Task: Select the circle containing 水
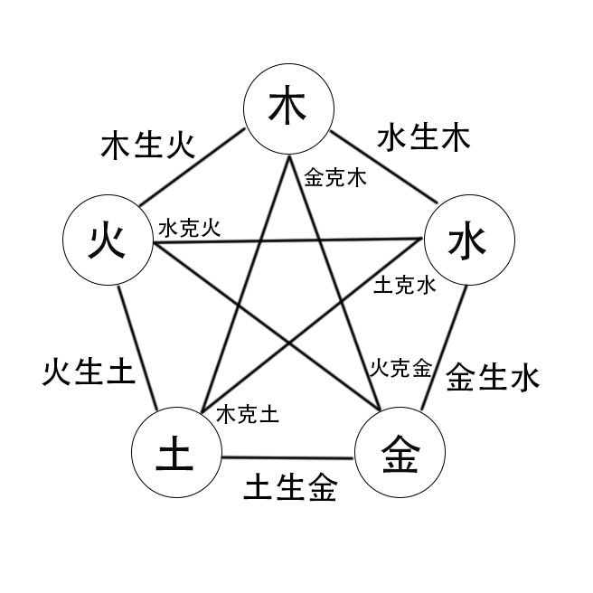(469, 241)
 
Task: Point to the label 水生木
(423, 137)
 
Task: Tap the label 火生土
(89, 371)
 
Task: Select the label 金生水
(493, 376)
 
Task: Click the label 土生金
(290, 488)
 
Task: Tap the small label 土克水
(404, 287)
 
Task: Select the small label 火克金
(399, 368)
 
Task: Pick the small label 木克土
(247, 415)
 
